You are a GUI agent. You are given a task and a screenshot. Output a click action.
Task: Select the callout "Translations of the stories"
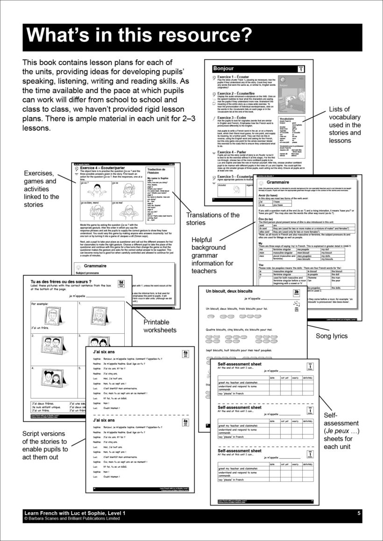[213, 218]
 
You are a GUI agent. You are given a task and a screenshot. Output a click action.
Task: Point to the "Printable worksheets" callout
[160, 326]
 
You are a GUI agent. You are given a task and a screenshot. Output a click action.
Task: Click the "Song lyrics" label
[332, 336]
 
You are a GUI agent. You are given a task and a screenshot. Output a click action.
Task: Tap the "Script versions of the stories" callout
[45, 445]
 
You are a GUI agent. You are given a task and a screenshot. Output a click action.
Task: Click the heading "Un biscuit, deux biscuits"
[234, 291]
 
